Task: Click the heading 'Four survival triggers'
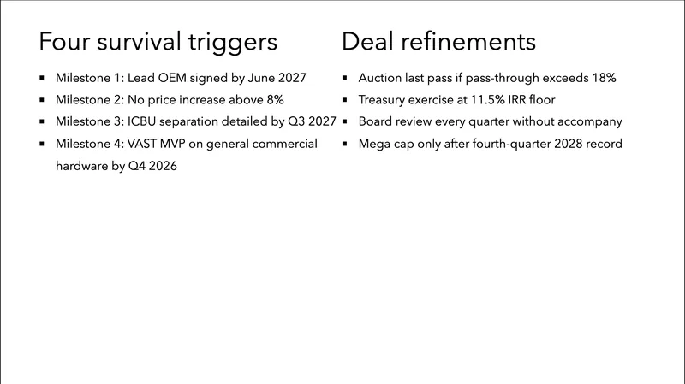(x=158, y=41)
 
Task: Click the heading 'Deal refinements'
(x=439, y=41)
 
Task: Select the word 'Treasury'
(x=386, y=100)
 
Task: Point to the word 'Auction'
(x=383, y=78)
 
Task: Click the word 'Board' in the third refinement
(x=378, y=121)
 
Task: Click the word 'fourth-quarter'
(x=498, y=144)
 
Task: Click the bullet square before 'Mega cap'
(x=344, y=145)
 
